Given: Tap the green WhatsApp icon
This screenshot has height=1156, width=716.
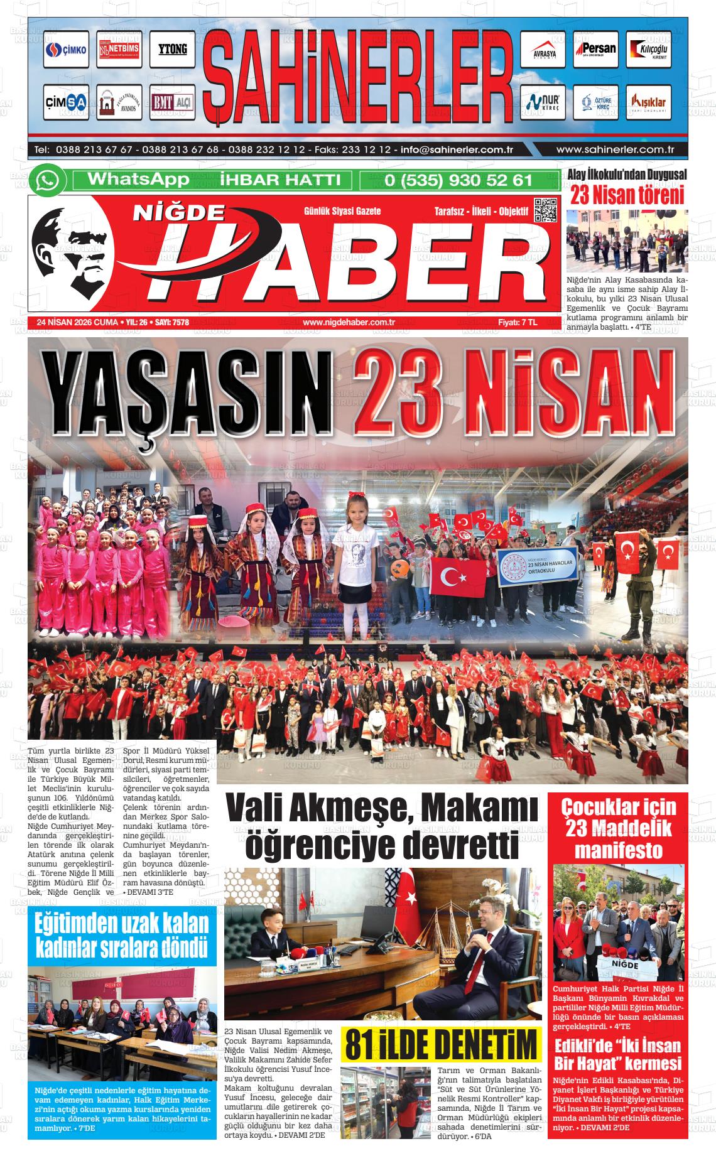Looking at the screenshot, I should tap(47, 180).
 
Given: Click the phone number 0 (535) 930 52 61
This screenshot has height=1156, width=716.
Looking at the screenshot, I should tap(458, 180).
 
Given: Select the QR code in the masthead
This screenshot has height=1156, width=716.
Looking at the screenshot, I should tap(545, 210).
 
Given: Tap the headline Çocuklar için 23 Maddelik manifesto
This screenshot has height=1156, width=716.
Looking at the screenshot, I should tap(618, 828).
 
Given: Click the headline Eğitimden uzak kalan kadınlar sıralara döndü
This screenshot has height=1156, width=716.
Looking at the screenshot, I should tap(122, 935).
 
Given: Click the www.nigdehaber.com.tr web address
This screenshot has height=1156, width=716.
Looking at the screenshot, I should tap(348, 323).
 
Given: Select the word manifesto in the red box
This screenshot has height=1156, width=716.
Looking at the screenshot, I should tap(618, 850).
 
